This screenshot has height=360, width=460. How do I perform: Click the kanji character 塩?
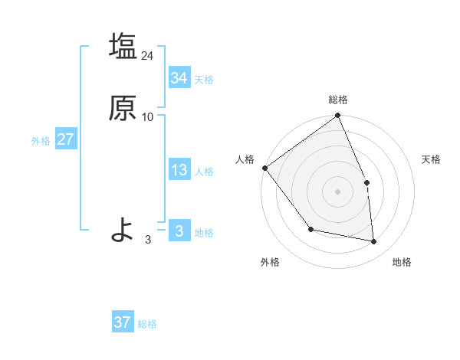coord(123,46)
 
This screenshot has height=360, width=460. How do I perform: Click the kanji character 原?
coord(123,108)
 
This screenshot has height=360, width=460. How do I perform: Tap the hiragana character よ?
coord(123,229)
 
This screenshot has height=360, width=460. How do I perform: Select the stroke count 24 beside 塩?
coord(148,55)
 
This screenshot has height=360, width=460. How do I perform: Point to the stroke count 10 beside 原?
coord(148,116)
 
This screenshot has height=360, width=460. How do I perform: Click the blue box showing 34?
coord(179,78)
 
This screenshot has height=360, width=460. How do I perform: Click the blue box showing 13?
coord(179,171)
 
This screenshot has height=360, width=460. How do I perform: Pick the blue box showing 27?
coord(65,140)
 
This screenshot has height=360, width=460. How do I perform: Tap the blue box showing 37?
coord(123,322)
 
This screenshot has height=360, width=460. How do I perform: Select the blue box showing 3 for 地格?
coord(179,231)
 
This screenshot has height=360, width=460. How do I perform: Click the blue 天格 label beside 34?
coord(204,80)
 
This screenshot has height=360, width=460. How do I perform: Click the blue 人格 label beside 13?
coord(204,172)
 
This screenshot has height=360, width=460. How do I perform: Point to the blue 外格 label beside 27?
coord(41,141)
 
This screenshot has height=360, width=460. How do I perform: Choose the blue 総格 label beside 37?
coord(147,324)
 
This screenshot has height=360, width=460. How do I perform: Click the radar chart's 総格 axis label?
coord(338,100)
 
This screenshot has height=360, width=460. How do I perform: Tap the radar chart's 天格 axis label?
coord(431,159)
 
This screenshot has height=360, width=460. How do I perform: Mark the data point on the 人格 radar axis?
coord(264,168)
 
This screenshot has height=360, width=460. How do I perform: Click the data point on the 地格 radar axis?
coord(373,241)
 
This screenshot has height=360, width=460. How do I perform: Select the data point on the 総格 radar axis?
coord(338,116)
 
